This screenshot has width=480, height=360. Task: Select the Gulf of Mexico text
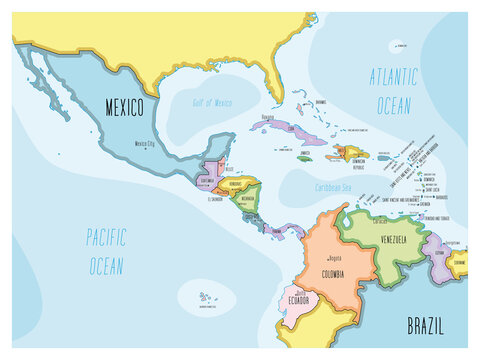pyautogui.click(x=212, y=102)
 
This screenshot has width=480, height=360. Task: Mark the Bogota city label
pyautogui.click(x=334, y=258)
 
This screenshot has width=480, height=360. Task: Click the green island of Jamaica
pyautogui.click(x=304, y=158)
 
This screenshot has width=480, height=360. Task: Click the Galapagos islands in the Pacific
pyautogui.click(x=207, y=297)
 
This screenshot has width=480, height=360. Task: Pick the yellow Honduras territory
pyautogui.click(x=238, y=186)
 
